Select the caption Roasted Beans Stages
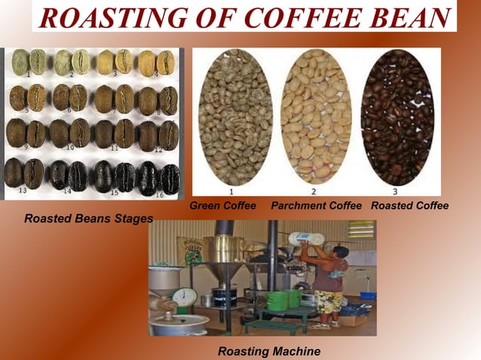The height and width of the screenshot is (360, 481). (x=88, y=219)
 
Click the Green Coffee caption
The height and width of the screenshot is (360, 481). (x=222, y=206)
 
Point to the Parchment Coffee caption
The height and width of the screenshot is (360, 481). (x=316, y=206)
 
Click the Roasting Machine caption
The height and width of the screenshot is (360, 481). (x=268, y=351)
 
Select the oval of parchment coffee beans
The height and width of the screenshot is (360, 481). (x=315, y=117)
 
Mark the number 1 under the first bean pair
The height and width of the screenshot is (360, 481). (x=28, y=75)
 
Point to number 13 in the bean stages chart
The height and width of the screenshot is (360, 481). (x=23, y=191)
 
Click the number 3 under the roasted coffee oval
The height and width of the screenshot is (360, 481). (x=397, y=192)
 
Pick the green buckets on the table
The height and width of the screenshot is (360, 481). (x=288, y=298)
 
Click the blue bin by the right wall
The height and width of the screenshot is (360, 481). (x=366, y=294)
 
